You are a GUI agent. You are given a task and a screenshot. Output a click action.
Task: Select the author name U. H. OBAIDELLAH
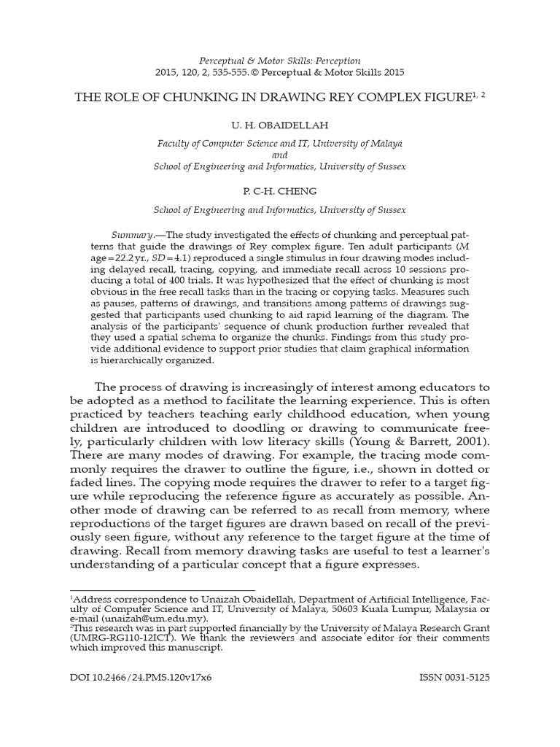tap(279, 125)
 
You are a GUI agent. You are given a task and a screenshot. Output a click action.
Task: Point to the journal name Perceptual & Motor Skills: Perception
tap(280, 61)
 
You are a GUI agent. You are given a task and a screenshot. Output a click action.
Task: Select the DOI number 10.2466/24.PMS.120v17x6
tap(139, 677)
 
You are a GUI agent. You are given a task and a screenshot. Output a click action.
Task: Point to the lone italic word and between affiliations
tap(280, 155)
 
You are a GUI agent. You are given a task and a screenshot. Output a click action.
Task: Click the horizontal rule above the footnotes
tap(162, 590)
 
